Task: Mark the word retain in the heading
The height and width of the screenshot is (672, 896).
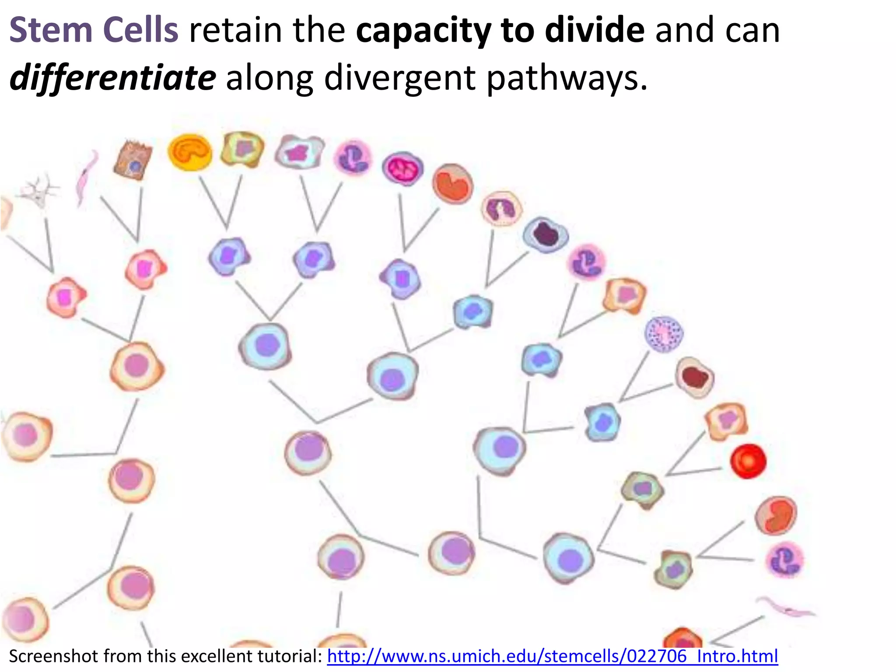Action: click(235, 31)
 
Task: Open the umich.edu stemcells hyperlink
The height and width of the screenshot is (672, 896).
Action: click(552, 656)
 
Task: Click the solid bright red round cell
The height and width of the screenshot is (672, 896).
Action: click(748, 461)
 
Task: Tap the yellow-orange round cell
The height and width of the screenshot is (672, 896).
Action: click(190, 152)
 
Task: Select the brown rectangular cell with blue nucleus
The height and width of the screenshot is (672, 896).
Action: click(133, 160)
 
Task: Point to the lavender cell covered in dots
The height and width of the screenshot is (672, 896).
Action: click(664, 334)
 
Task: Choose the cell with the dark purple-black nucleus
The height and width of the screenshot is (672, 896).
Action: click(546, 234)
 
